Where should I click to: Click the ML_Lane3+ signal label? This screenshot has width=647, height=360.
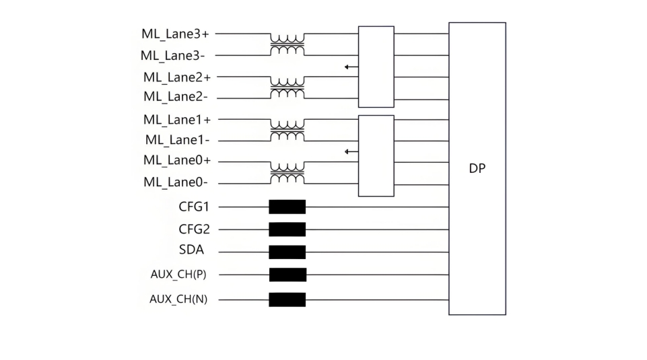point(175,34)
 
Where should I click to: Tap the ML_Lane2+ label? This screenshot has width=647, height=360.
point(176,77)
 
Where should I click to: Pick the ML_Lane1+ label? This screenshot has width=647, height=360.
point(176,120)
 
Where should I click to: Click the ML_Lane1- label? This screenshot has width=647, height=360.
point(177,140)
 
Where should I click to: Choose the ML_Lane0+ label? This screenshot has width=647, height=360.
point(176,161)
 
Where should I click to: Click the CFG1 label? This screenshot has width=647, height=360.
point(194,207)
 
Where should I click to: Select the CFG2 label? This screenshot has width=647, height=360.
point(194,229)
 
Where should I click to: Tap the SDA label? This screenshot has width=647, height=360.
point(192,250)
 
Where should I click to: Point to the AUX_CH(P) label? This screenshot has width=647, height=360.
point(178,275)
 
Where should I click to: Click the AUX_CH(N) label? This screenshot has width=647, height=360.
point(178,299)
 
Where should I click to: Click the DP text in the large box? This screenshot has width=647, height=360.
point(477,169)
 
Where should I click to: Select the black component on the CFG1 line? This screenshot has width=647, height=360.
point(287,207)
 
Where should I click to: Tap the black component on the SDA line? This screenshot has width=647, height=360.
point(287,252)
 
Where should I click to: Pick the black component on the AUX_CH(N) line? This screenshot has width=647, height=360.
point(287,299)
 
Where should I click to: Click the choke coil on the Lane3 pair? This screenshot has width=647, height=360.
point(287,44)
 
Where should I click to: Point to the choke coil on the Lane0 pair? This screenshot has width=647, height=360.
point(287,172)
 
